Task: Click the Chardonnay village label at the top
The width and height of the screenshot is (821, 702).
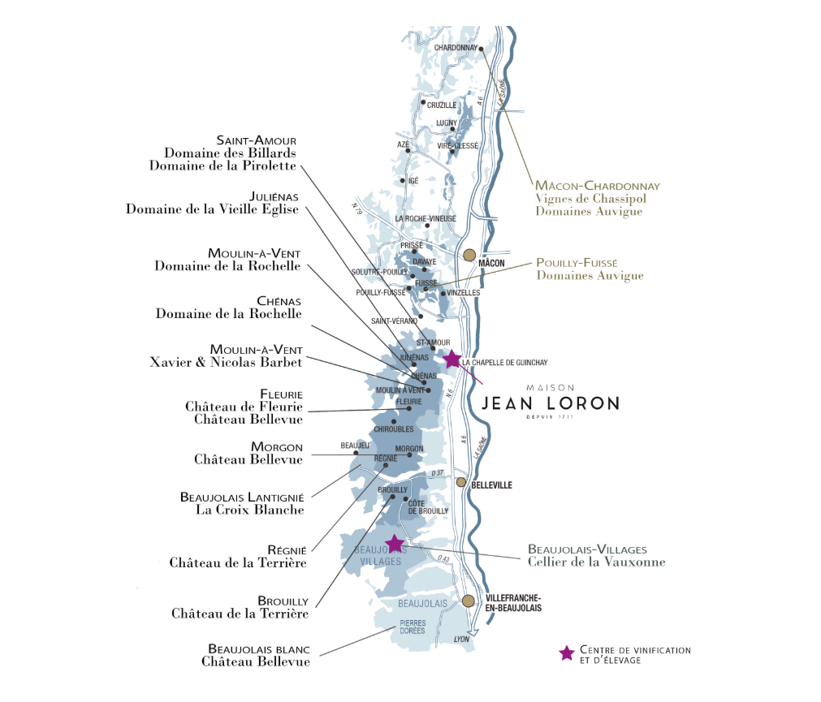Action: click(x=456, y=48)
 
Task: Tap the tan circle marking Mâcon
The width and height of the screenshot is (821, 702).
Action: click(x=469, y=256)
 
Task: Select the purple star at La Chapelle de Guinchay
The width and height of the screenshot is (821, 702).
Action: click(x=452, y=359)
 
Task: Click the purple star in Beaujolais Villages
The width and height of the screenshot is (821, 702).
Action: click(x=395, y=543)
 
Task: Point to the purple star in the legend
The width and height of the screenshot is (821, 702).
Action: click(x=568, y=654)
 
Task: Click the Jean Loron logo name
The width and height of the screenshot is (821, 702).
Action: click(x=550, y=403)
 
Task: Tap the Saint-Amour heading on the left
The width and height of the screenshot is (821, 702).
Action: click(x=256, y=140)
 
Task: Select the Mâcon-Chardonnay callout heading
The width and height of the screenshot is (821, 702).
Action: click(x=597, y=186)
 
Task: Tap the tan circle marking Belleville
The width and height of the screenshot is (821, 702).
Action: click(x=461, y=482)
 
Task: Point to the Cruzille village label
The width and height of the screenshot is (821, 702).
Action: click(x=442, y=105)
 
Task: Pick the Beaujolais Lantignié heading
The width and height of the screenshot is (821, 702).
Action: click(x=241, y=497)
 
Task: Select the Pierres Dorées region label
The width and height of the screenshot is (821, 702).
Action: click(x=413, y=627)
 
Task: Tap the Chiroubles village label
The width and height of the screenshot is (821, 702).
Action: click(x=394, y=429)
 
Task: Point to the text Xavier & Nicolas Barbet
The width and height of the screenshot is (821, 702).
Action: click(x=226, y=362)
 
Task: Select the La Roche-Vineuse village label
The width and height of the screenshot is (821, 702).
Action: click(x=426, y=218)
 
